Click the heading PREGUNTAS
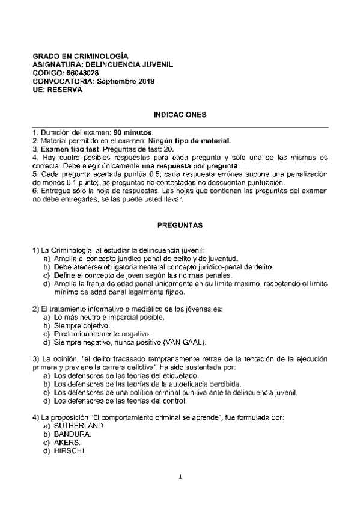point(180,226)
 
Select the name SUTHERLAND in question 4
point(79,425)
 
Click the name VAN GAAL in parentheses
point(187,342)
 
